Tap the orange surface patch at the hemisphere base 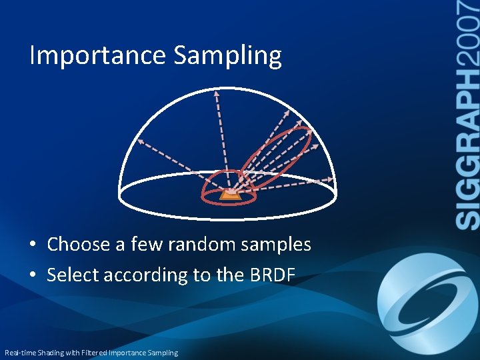click(x=230, y=195)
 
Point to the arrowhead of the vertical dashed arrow click(x=216, y=94)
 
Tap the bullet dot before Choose click(x=33, y=245)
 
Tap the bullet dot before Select click(x=33, y=275)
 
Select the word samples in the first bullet click(x=275, y=245)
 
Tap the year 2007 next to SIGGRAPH click(x=469, y=33)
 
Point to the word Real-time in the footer click(x=19, y=352)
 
